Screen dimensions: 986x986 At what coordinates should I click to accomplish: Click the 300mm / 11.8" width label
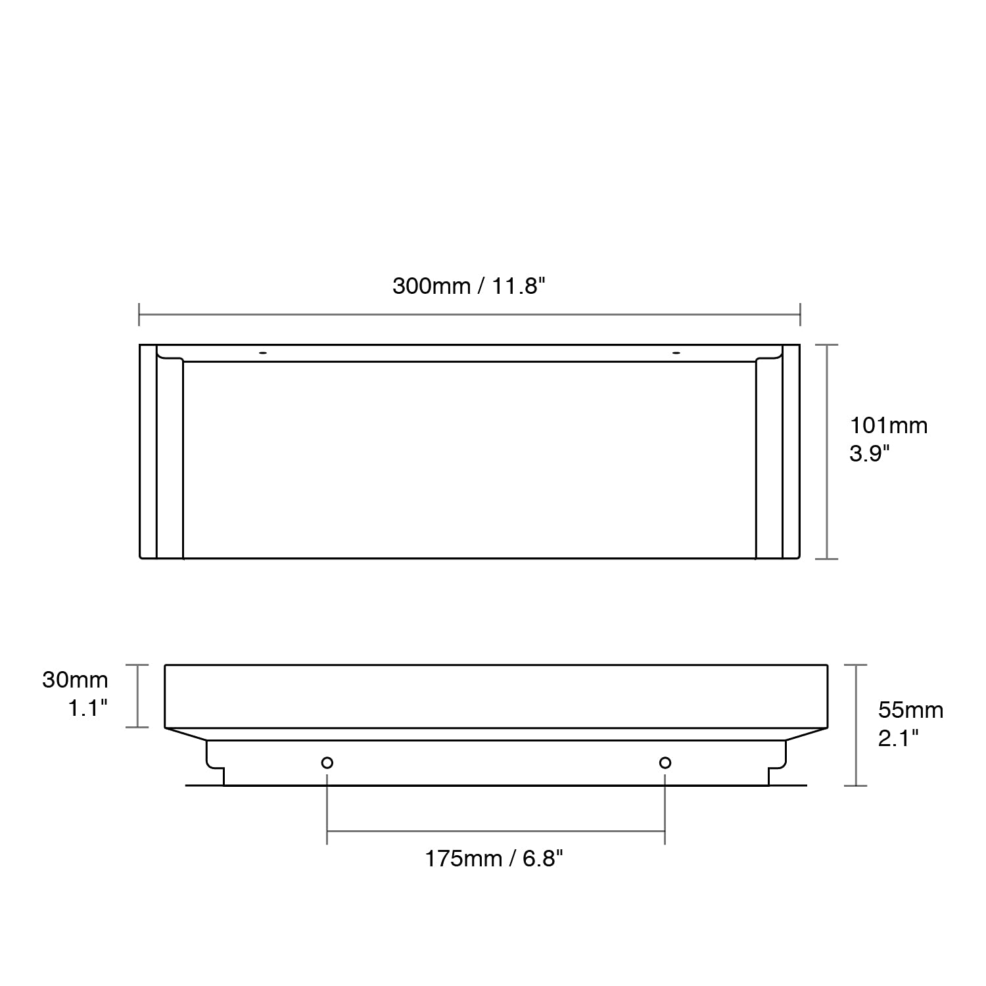[469, 287]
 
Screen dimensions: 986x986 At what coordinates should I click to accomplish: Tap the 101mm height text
[889, 426]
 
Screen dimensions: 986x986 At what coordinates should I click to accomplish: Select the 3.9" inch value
[870, 454]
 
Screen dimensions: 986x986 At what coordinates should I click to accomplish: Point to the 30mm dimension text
[75, 680]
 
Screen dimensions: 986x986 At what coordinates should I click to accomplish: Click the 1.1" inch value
[88, 708]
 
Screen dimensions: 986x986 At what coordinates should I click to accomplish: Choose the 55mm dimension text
[911, 711]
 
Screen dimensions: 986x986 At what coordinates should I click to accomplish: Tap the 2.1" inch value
[899, 739]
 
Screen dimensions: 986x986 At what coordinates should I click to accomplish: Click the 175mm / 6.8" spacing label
[494, 859]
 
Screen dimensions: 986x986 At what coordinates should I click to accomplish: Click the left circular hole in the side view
[327, 763]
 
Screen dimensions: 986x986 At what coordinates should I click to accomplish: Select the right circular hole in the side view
[665, 763]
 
